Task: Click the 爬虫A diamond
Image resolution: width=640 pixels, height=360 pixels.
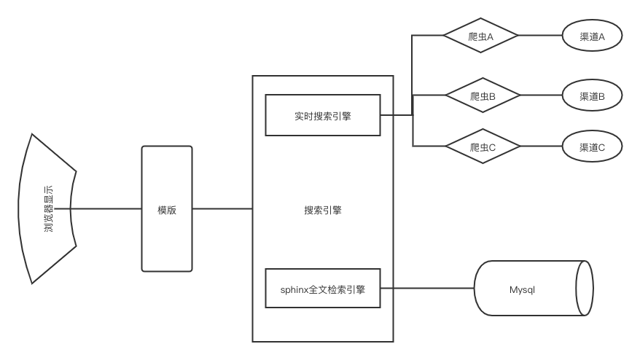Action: [482, 36]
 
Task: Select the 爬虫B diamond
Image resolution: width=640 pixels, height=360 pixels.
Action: [482, 95]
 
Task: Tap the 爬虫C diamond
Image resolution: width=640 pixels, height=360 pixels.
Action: [482, 147]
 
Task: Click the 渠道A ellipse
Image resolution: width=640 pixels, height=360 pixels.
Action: [592, 36]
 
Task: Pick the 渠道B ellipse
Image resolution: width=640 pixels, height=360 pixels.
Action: [592, 95]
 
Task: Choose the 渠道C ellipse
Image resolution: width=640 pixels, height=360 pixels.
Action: [592, 147]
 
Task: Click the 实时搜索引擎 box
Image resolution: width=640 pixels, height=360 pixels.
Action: [322, 115]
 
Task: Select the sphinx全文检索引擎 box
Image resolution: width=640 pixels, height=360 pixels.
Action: [322, 289]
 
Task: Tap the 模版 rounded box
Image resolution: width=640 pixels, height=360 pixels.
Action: [167, 209]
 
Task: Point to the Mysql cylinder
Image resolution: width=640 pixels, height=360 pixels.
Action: [525, 289]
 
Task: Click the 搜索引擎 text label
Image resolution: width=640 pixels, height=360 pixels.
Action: [322, 211]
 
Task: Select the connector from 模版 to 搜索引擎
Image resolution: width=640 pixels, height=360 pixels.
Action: [222, 209]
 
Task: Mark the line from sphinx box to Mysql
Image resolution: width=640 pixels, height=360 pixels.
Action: [427, 289]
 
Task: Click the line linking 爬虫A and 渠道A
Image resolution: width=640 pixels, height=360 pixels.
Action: [540, 36]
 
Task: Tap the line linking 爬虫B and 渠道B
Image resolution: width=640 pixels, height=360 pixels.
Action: [540, 95]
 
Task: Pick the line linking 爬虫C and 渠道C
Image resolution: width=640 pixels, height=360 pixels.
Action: [540, 147]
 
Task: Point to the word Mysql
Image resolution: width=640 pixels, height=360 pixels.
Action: [522, 289]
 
